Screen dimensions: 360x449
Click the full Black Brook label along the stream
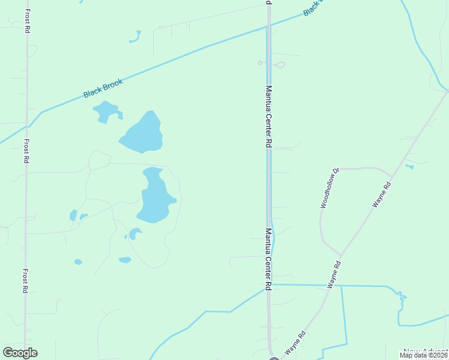pyautogui.click(x=103, y=88)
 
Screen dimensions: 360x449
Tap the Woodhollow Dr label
pyautogui.click(x=330, y=188)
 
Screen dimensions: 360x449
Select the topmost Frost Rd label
pyautogui.click(x=28, y=20)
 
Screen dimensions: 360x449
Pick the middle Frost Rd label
pyautogui.click(x=26, y=151)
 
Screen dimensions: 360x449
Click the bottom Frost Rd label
pyautogui.click(x=25, y=280)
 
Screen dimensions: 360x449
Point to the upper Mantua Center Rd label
pyautogui.click(x=269, y=116)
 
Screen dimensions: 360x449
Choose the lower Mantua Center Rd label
pyautogui.click(x=269, y=259)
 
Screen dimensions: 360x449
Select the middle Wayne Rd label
pyautogui.click(x=334, y=275)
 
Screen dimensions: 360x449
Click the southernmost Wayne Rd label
pyautogui.click(x=296, y=342)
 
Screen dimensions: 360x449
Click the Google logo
pyautogui.click(x=20, y=353)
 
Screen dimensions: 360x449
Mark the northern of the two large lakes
pyautogui.click(x=142, y=133)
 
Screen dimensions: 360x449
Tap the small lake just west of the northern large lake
pyautogui.click(x=106, y=111)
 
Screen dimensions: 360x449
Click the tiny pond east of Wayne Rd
pyautogui.click(x=409, y=166)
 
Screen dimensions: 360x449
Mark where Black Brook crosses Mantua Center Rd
pyautogui.click(x=268, y=26)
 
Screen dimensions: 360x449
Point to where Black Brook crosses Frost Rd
pyautogui.click(x=26, y=127)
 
